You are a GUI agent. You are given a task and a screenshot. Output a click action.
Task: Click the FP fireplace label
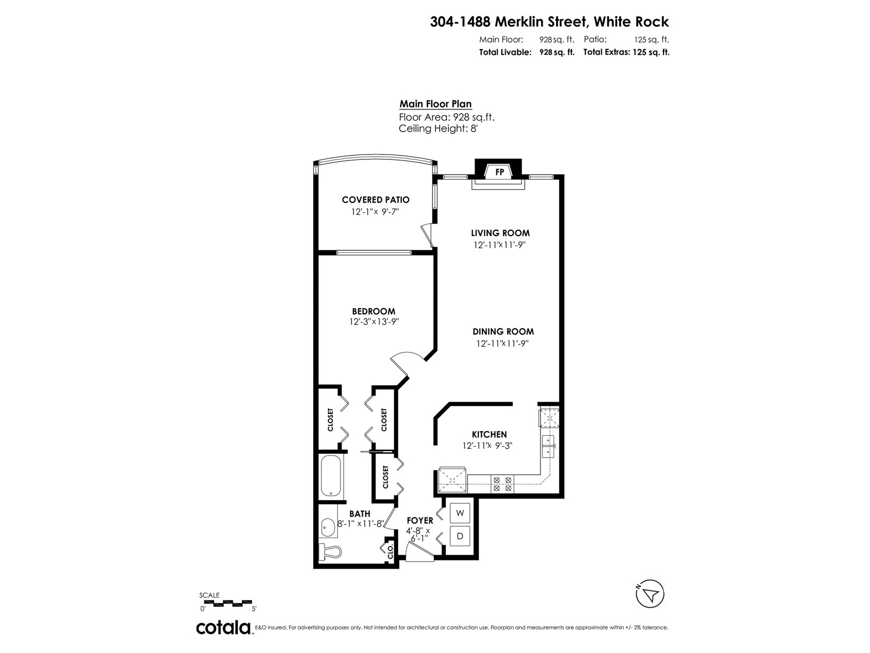click(x=500, y=172)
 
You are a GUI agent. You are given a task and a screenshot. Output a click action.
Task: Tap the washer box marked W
click(x=461, y=513)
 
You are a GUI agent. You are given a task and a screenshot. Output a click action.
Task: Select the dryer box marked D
click(x=461, y=537)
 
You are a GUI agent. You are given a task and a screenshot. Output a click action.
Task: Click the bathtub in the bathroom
click(x=331, y=476)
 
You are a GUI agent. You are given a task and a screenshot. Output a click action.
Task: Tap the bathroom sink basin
click(x=328, y=527)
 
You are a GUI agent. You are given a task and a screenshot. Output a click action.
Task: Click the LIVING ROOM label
click(x=500, y=233)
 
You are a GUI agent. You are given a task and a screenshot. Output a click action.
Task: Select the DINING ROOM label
click(x=503, y=331)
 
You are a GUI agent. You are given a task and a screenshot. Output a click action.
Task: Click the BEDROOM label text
click(x=374, y=311)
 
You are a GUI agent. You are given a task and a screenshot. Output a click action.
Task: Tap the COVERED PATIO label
click(x=375, y=200)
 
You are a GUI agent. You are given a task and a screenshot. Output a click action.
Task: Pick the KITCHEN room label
click(x=489, y=434)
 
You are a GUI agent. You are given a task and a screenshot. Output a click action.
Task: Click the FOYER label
click(x=420, y=521)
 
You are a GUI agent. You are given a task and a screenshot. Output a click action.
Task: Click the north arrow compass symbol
click(x=650, y=594)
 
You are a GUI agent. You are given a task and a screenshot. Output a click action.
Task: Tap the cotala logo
click(x=223, y=627)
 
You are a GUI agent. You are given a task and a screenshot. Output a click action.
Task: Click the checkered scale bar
click(x=227, y=602)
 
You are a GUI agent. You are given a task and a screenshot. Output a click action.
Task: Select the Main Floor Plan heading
click(x=436, y=104)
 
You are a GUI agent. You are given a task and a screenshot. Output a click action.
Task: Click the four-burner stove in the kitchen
click(x=502, y=484)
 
